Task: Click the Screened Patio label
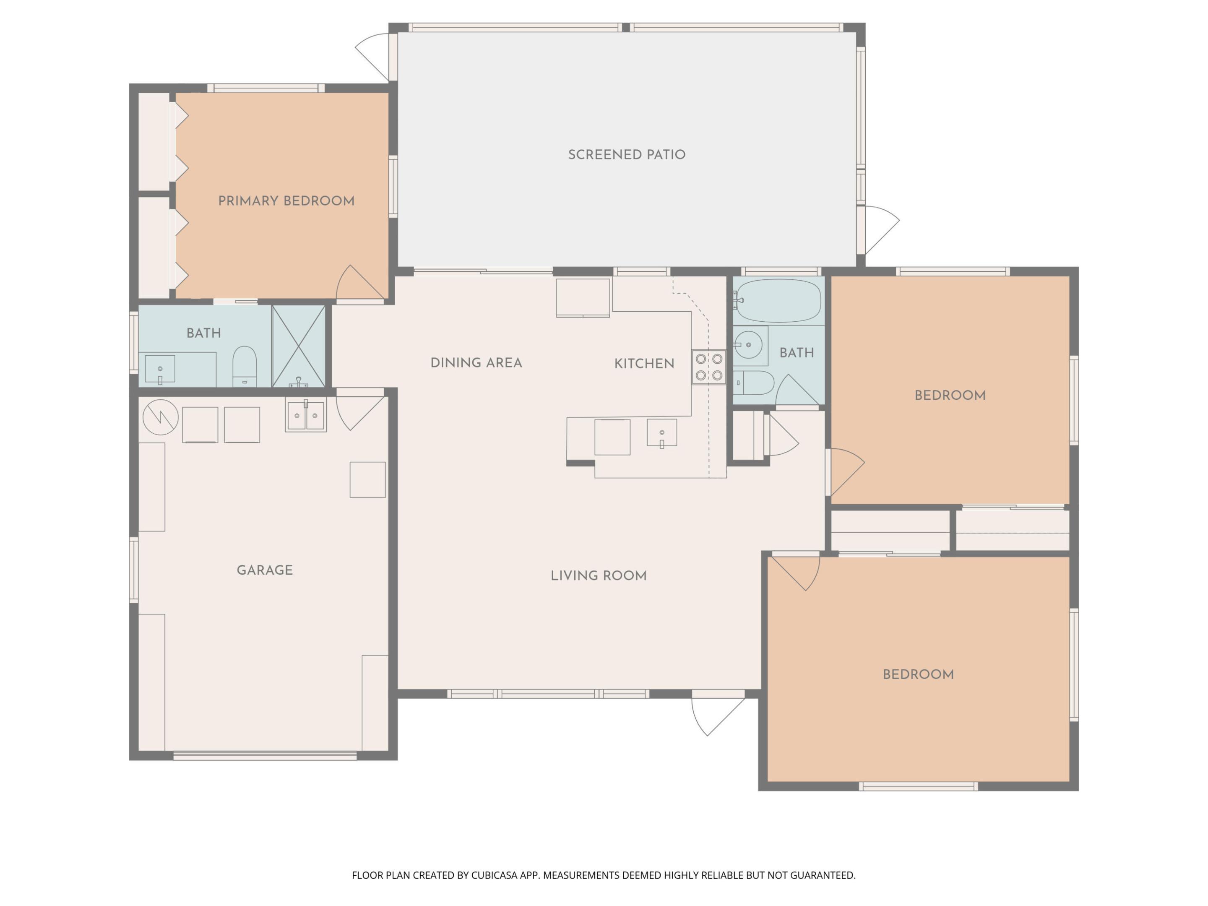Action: tap(626, 154)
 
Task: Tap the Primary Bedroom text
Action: tap(286, 201)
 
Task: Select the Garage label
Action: tap(265, 570)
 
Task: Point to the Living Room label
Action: tap(599, 575)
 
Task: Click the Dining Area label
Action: tap(476, 363)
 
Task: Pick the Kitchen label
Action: tap(644, 364)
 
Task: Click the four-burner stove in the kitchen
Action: tap(709, 367)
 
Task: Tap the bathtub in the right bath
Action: tap(778, 301)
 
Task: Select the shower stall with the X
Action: tap(299, 346)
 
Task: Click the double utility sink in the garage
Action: tap(306, 416)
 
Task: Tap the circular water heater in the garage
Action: tap(161, 417)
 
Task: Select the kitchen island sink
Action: tap(662, 433)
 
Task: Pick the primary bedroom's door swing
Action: tap(358, 285)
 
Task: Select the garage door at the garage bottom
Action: tap(265, 756)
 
